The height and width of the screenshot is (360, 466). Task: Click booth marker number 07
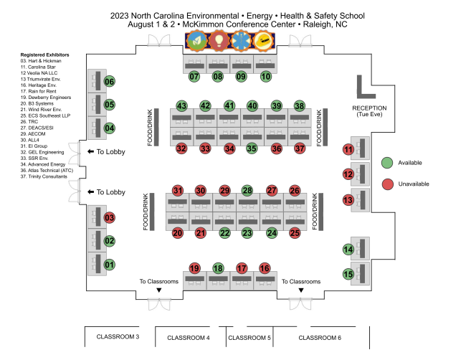point(194,75)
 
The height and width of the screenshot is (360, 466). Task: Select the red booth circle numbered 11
point(349,150)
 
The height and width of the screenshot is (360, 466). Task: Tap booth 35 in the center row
point(252,148)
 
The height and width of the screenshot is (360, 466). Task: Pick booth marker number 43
point(182,106)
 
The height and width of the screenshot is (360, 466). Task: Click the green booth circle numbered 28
point(247,191)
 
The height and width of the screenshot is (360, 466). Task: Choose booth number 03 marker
point(110,218)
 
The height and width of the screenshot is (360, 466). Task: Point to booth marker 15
point(349,274)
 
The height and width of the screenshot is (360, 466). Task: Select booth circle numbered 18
point(218,268)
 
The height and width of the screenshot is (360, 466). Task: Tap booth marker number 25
point(295,232)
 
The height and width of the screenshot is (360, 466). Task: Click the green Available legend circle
point(387,162)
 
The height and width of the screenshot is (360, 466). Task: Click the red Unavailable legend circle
point(387,184)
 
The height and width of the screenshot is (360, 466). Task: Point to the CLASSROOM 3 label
point(118,336)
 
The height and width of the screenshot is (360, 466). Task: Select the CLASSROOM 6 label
point(320,337)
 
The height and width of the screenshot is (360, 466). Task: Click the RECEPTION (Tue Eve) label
point(370,111)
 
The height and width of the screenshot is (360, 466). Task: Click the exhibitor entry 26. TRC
point(31,122)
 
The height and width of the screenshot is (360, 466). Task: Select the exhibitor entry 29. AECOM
point(34,133)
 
